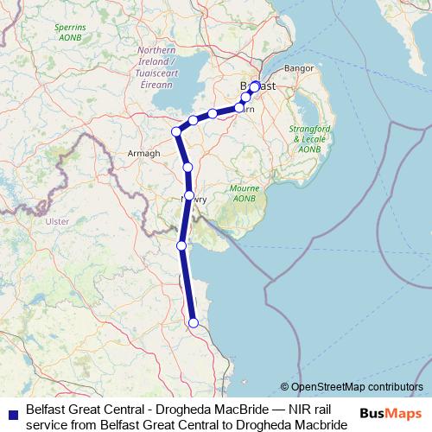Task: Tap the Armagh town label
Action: (144, 153)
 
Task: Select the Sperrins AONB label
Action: (69, 33)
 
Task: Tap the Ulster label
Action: (56, 221)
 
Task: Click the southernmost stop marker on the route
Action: (194, 323)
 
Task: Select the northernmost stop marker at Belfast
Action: (255, 86)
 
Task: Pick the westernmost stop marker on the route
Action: (176, 131)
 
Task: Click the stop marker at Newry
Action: (189, 196)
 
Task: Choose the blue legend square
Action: (10, 414)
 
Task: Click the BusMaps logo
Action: (390, 414)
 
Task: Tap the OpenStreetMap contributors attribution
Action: (352, 386)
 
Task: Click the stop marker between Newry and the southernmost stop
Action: (181, 245)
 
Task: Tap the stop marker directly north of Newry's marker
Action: (187, 167)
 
